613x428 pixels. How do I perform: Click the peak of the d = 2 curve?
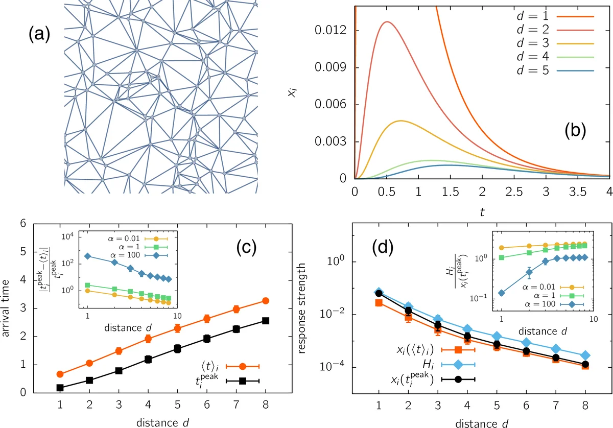point(388,21)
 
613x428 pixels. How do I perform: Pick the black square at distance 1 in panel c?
point(60,388)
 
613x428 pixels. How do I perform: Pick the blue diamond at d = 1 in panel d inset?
point(502,293)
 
